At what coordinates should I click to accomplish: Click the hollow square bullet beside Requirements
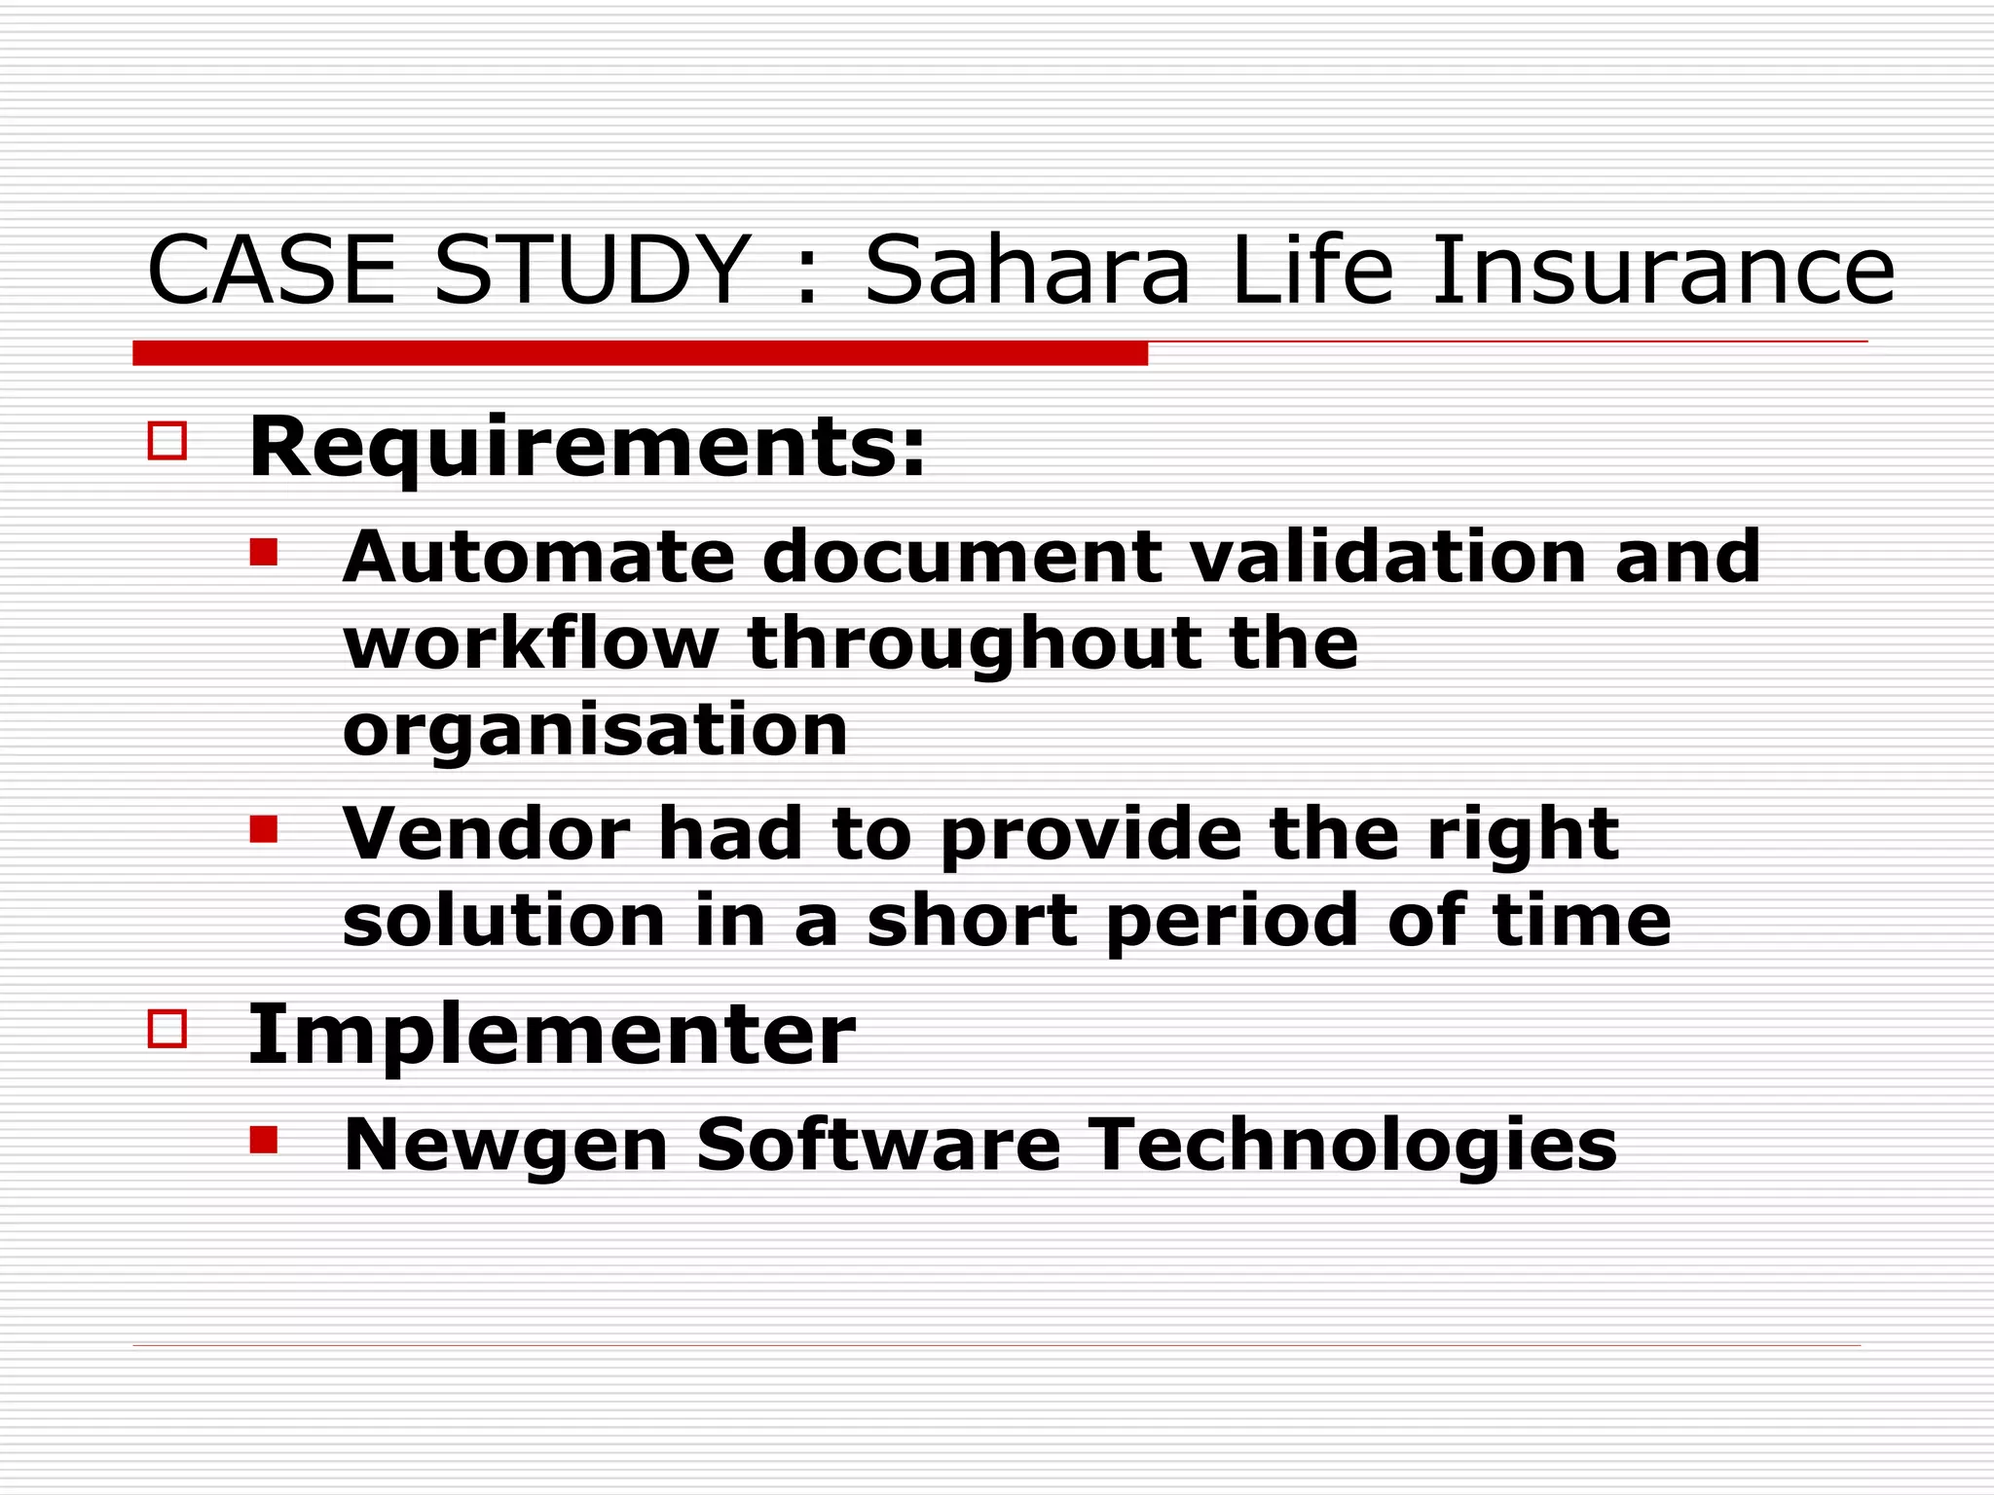(167, 440)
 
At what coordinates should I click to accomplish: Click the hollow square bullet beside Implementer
(167, 1028)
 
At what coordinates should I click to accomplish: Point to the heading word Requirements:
(587, 450)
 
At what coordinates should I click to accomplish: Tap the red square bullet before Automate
(264, 553)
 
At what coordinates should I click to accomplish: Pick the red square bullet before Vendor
(264, 829)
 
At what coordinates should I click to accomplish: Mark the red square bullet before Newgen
(264, 1140)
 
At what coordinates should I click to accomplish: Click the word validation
(1388, 557)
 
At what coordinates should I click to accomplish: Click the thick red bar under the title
(640, 353)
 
